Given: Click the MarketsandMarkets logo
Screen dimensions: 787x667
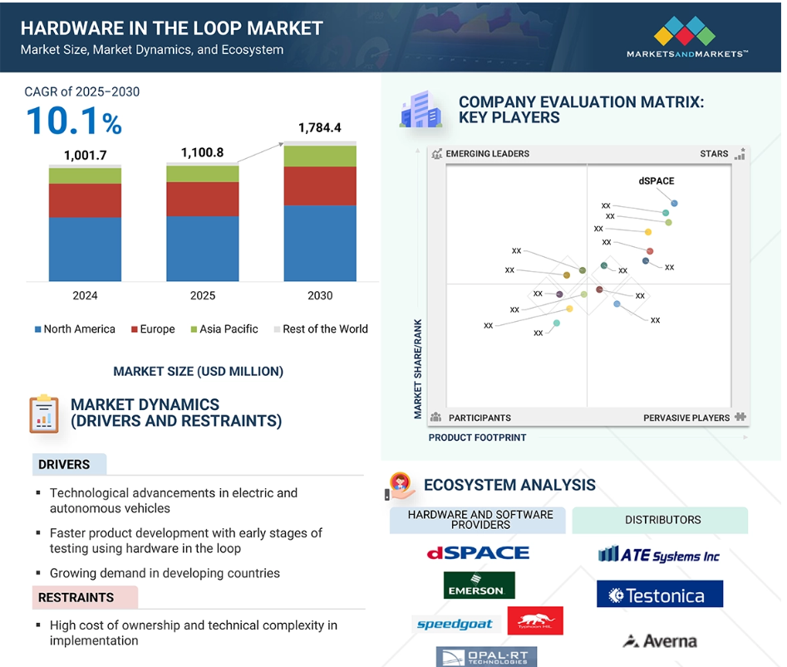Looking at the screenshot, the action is point(686,37).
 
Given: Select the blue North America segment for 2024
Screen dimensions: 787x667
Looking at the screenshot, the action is point(85,250).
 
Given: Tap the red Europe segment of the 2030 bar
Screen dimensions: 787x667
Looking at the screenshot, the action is point(320,185).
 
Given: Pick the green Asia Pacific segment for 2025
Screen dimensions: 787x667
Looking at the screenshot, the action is point(202,174).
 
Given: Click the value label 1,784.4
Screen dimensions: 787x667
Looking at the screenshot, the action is point(320,127).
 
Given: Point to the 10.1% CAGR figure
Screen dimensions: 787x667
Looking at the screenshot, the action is point(74,121).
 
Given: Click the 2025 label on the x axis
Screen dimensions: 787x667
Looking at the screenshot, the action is point(202,295).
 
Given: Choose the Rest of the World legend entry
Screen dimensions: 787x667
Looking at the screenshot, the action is point(321,329).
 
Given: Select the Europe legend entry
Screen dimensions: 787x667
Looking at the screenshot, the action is point(153,329).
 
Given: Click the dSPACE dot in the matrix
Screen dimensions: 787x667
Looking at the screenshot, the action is point(674,204).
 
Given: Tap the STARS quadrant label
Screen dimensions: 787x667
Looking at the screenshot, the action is point(714,154).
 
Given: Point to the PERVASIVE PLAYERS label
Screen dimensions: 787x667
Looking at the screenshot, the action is point(686,417).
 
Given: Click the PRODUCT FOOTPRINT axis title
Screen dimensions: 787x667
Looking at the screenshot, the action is point(477,437).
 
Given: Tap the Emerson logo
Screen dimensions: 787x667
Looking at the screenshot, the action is point(479,585).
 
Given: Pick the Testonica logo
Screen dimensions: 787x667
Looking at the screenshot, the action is point(660,594).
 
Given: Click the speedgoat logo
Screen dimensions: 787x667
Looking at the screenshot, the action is point(455,624).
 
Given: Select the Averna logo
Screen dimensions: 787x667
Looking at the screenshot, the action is point(660,641).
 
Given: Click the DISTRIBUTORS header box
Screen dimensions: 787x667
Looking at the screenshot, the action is point(660,520).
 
